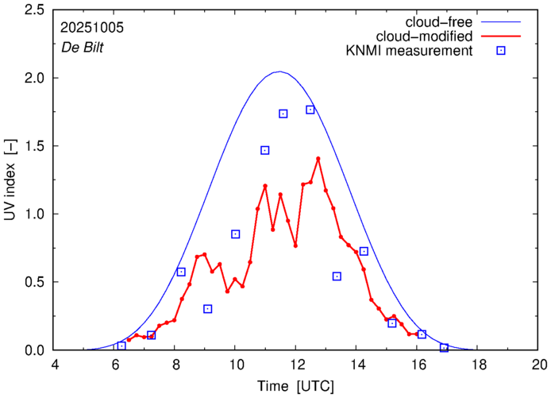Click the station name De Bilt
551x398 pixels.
pyautogui.click(x=83, y=47)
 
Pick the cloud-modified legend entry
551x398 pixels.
pyautogui.click(x=429, y=37)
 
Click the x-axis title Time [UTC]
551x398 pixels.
pyautogui.click(x=296, y=387)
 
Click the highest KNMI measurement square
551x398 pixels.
pyautogui.click(x=310, y=110)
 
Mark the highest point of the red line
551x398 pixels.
pyautogui.click(x=318, y=158)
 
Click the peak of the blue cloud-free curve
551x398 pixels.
pyautogui.click(x=279, y=71)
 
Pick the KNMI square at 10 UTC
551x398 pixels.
pyautogui.click(x=236, y=234)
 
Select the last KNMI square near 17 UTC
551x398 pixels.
pyautogui.click(x=445, y=348)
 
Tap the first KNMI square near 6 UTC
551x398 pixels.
pyautogui.click(x=121, y=346)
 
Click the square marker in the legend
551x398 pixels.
pyautogui.click(x=501, y=52)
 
